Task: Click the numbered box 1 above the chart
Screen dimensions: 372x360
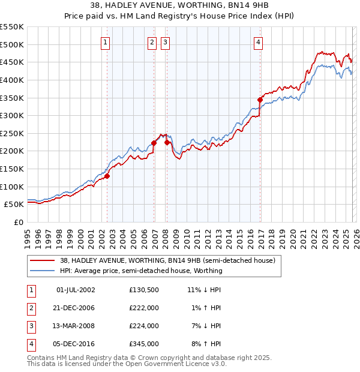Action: (106, 42)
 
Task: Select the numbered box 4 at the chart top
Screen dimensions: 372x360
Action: (258, 42)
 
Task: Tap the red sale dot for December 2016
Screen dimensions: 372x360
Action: (260, 100)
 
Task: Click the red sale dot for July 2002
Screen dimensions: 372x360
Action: (107, 176)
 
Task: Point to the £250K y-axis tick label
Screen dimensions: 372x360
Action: (13, 133)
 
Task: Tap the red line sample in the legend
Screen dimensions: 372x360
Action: (43, 261)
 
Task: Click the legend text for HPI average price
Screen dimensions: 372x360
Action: (141, 271)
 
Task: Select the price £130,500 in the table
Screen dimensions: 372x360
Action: (144, 290)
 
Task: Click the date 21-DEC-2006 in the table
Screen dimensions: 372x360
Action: (76, 308)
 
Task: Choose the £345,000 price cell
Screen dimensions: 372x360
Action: (144, 344)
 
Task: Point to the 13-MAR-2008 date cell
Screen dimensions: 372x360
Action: (76, 326)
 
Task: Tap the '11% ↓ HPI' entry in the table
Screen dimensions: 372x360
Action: (204, 290)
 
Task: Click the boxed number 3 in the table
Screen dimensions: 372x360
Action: (29, 326)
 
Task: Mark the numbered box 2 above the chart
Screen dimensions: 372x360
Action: (152, 42)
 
